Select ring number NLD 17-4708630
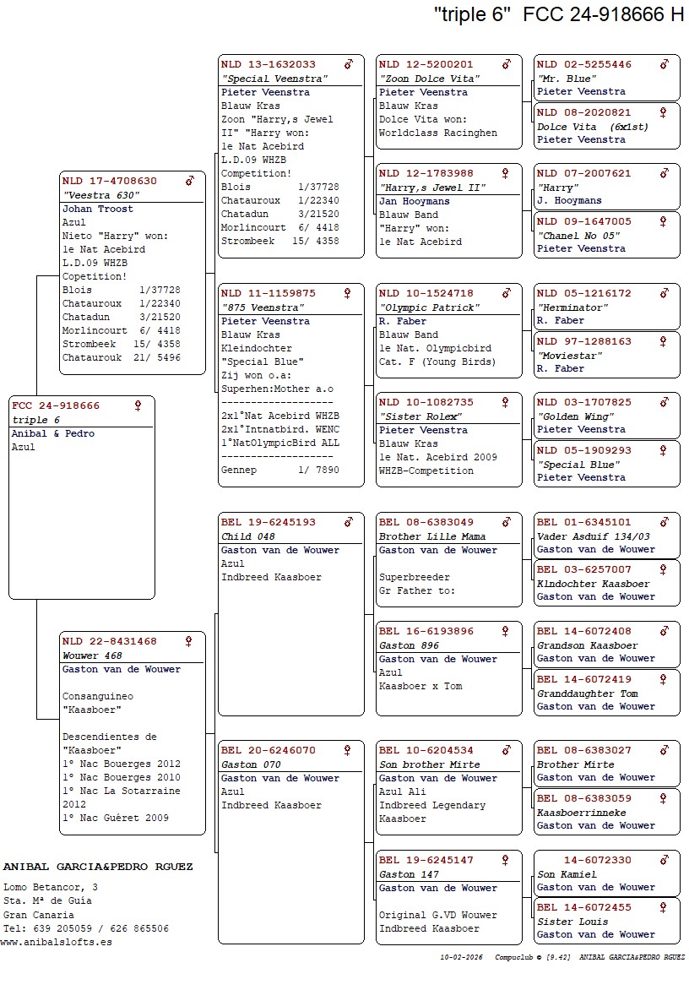point(110,181)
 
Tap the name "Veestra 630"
point(101,195)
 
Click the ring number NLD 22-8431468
point(110,641)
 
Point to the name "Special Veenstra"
point(274,79)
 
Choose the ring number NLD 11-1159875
point(269,293)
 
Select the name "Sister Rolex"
point(420,416)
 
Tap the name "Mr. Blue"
point(561,79)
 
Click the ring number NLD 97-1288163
point(584,341)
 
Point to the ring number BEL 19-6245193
point(269,522)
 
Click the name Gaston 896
point(409,645)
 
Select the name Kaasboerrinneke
point(582,812)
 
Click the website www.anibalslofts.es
point(56,942)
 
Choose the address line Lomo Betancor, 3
point(51,887)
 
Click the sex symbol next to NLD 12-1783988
point(506,173)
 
